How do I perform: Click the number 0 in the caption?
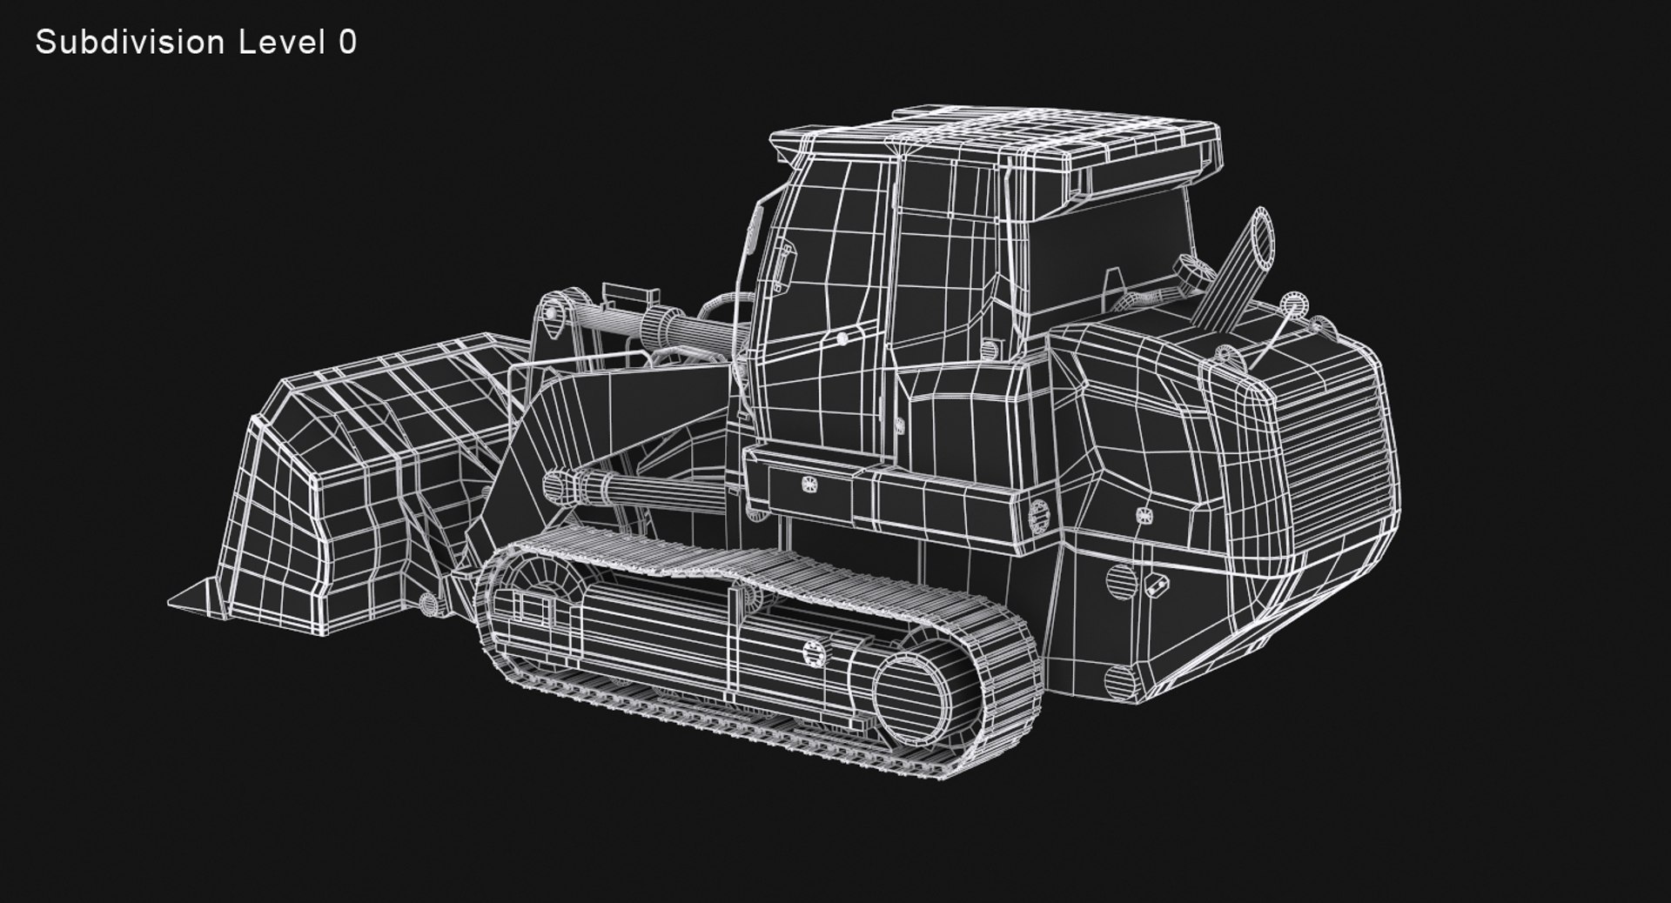coord(347,42)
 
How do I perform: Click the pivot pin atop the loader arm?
coord(551,310)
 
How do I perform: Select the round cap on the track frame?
coord(813,652)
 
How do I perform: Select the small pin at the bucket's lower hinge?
coord(427,602)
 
